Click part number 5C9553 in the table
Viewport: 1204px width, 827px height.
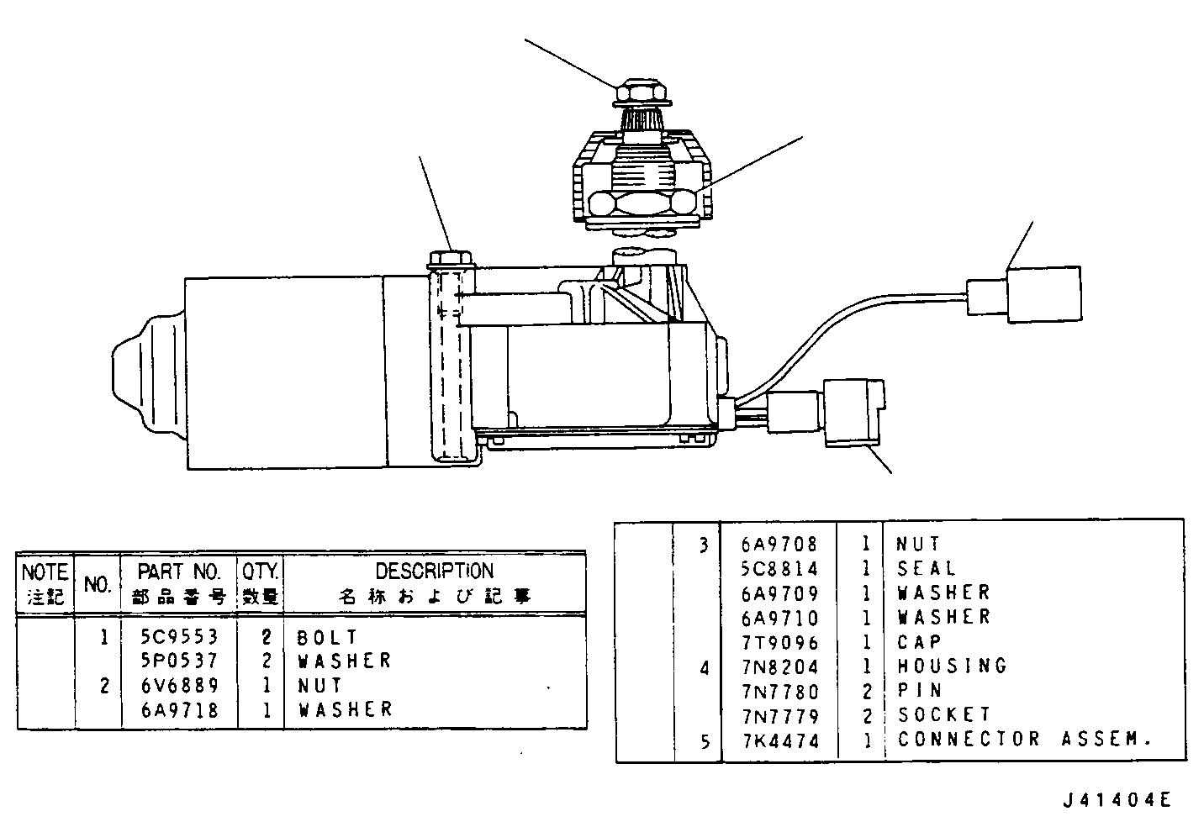pyautogui.click(x=180, y=637)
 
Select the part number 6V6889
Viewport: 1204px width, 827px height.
pyautogui.click(x=180, y=686)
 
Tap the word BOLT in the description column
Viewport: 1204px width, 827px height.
pyautogui.click(x=327, y=637)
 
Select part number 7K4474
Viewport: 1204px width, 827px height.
pyautogui.click(x=781, y=741)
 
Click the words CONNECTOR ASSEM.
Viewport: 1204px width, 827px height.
pyautogui.click(x=1024, y=739)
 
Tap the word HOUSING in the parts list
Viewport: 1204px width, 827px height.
pyautogui.click(x=952, y=666)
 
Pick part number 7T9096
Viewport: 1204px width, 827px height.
pyautogui.click(x=780, y=643)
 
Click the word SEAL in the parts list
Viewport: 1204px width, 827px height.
pyautogui.click(x=927, y=568)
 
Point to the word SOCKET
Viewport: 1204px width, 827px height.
pyautogui.click(x=944, y=714)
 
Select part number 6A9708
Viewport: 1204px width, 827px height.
pyautogui.click(x=779, y=545)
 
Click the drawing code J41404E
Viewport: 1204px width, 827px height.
pyautogui.click(x=1117, y=800)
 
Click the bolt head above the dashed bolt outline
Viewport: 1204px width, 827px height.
pyautogui.click(x=451, y=260)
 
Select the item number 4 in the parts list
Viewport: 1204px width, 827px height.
pyautogui.click(x=705, y=668)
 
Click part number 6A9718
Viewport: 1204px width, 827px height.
pyautogui.click(x=180, y=710)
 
